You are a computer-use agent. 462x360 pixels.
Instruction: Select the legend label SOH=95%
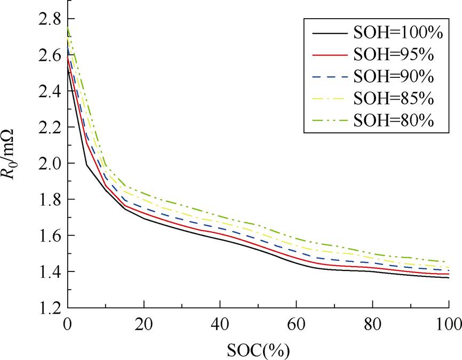394,54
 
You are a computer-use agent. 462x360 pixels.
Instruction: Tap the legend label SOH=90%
394,76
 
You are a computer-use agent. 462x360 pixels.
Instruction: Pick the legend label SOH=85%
394,98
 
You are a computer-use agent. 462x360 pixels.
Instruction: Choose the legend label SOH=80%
394,120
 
